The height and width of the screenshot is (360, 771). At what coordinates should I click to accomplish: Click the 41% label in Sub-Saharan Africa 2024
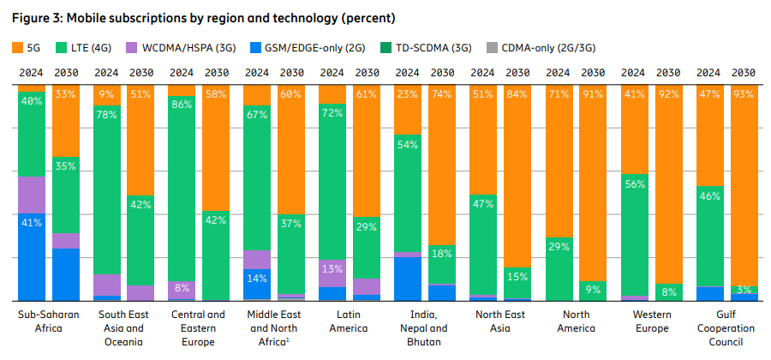click(x=32, y=222)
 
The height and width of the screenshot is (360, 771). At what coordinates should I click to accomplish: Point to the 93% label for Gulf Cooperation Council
click(x=744, y=93)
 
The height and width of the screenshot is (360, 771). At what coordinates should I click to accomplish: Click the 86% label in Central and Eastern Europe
click(x=182, y=104)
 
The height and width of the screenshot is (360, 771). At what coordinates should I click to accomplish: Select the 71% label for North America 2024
click(x=559, y=93)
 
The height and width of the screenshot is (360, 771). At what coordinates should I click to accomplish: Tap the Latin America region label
click(x=350, y=321)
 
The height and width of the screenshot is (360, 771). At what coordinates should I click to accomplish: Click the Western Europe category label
click(x=651, y=321)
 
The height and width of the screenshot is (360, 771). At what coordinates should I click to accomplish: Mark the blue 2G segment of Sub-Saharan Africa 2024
click(x=32, y=257)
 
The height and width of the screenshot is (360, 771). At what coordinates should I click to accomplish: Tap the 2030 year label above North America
click(x=594, y=73)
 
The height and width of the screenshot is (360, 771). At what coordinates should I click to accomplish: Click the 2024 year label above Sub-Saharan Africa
click(x=32, y=73)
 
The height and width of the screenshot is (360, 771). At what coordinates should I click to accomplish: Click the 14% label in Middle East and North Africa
click(x=257, y=279)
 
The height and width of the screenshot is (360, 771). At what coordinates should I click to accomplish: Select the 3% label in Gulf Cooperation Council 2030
click(x=744, y=290)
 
